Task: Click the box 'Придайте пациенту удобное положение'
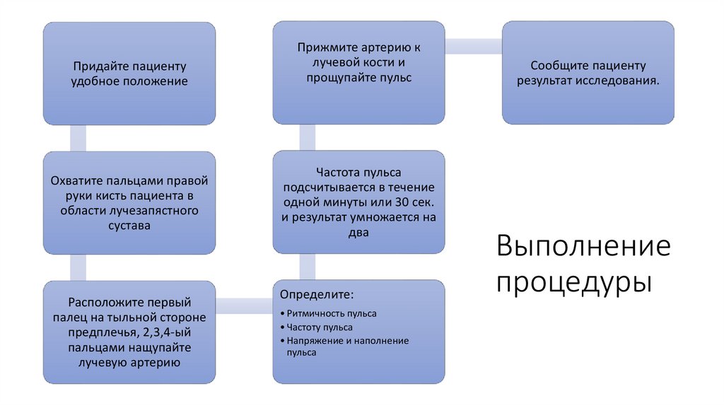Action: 129,74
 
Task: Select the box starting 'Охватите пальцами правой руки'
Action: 129,203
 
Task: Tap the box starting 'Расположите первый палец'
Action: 129,332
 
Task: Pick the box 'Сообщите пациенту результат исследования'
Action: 588,74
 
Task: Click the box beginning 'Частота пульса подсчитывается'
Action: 359,203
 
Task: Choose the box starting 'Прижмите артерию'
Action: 359,74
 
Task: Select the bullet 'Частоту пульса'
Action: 319,327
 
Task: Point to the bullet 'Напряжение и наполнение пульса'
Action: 346,341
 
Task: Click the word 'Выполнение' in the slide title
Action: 583,247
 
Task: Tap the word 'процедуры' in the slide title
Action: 573,283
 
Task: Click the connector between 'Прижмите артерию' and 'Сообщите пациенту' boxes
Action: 474,46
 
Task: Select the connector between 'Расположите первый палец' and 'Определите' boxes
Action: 244,305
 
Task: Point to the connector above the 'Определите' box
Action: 308,267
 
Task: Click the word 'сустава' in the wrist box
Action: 129,226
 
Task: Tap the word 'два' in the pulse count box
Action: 359,233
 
